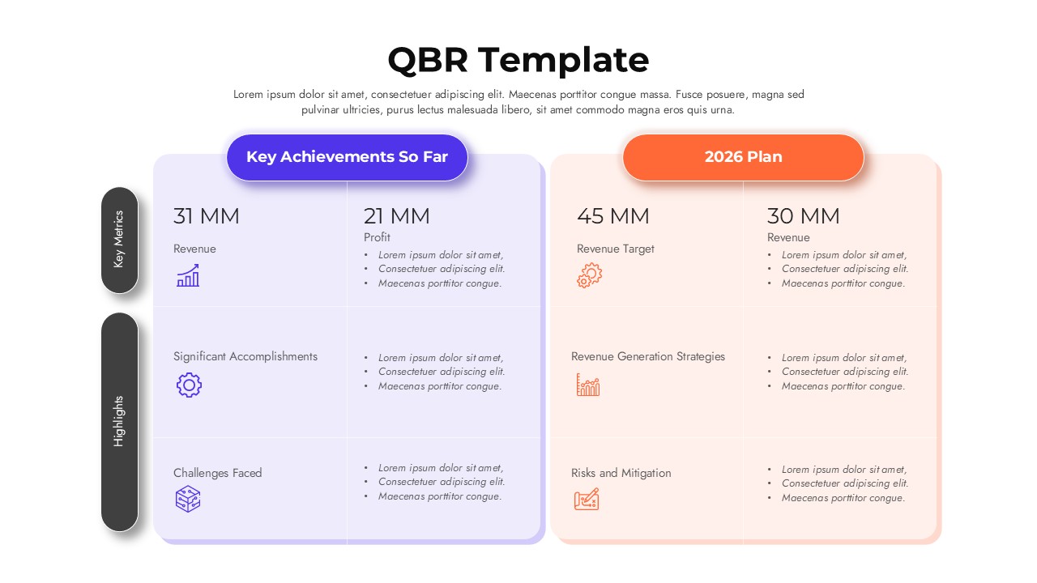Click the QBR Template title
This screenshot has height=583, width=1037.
[518, 61]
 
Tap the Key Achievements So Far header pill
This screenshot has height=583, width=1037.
[347, 157]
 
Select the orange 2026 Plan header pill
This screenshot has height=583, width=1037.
[743, 157]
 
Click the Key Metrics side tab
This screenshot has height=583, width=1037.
[119, 240]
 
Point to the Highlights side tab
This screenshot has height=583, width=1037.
[119, 421]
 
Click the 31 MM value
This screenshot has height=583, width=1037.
[206, 216]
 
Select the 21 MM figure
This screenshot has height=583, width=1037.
[396, 216]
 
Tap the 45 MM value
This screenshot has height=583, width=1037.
[612, 216]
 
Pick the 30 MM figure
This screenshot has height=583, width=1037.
[803, 216]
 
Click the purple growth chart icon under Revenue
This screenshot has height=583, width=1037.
[188, 275]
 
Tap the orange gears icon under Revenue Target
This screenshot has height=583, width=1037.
[589, 275]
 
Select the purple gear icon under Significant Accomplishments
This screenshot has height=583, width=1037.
[189, 385]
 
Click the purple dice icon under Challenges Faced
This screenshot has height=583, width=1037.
[188, 499]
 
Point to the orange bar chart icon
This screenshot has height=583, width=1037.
[588, 385]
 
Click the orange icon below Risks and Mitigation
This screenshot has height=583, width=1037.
[587, 499]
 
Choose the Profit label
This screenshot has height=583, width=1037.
[377, 237]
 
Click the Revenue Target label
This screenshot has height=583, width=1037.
[615, 249]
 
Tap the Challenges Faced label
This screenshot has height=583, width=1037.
[217, 473]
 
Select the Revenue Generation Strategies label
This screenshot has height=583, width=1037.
[647, 356]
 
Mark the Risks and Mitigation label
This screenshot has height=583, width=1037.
[621, 473]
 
